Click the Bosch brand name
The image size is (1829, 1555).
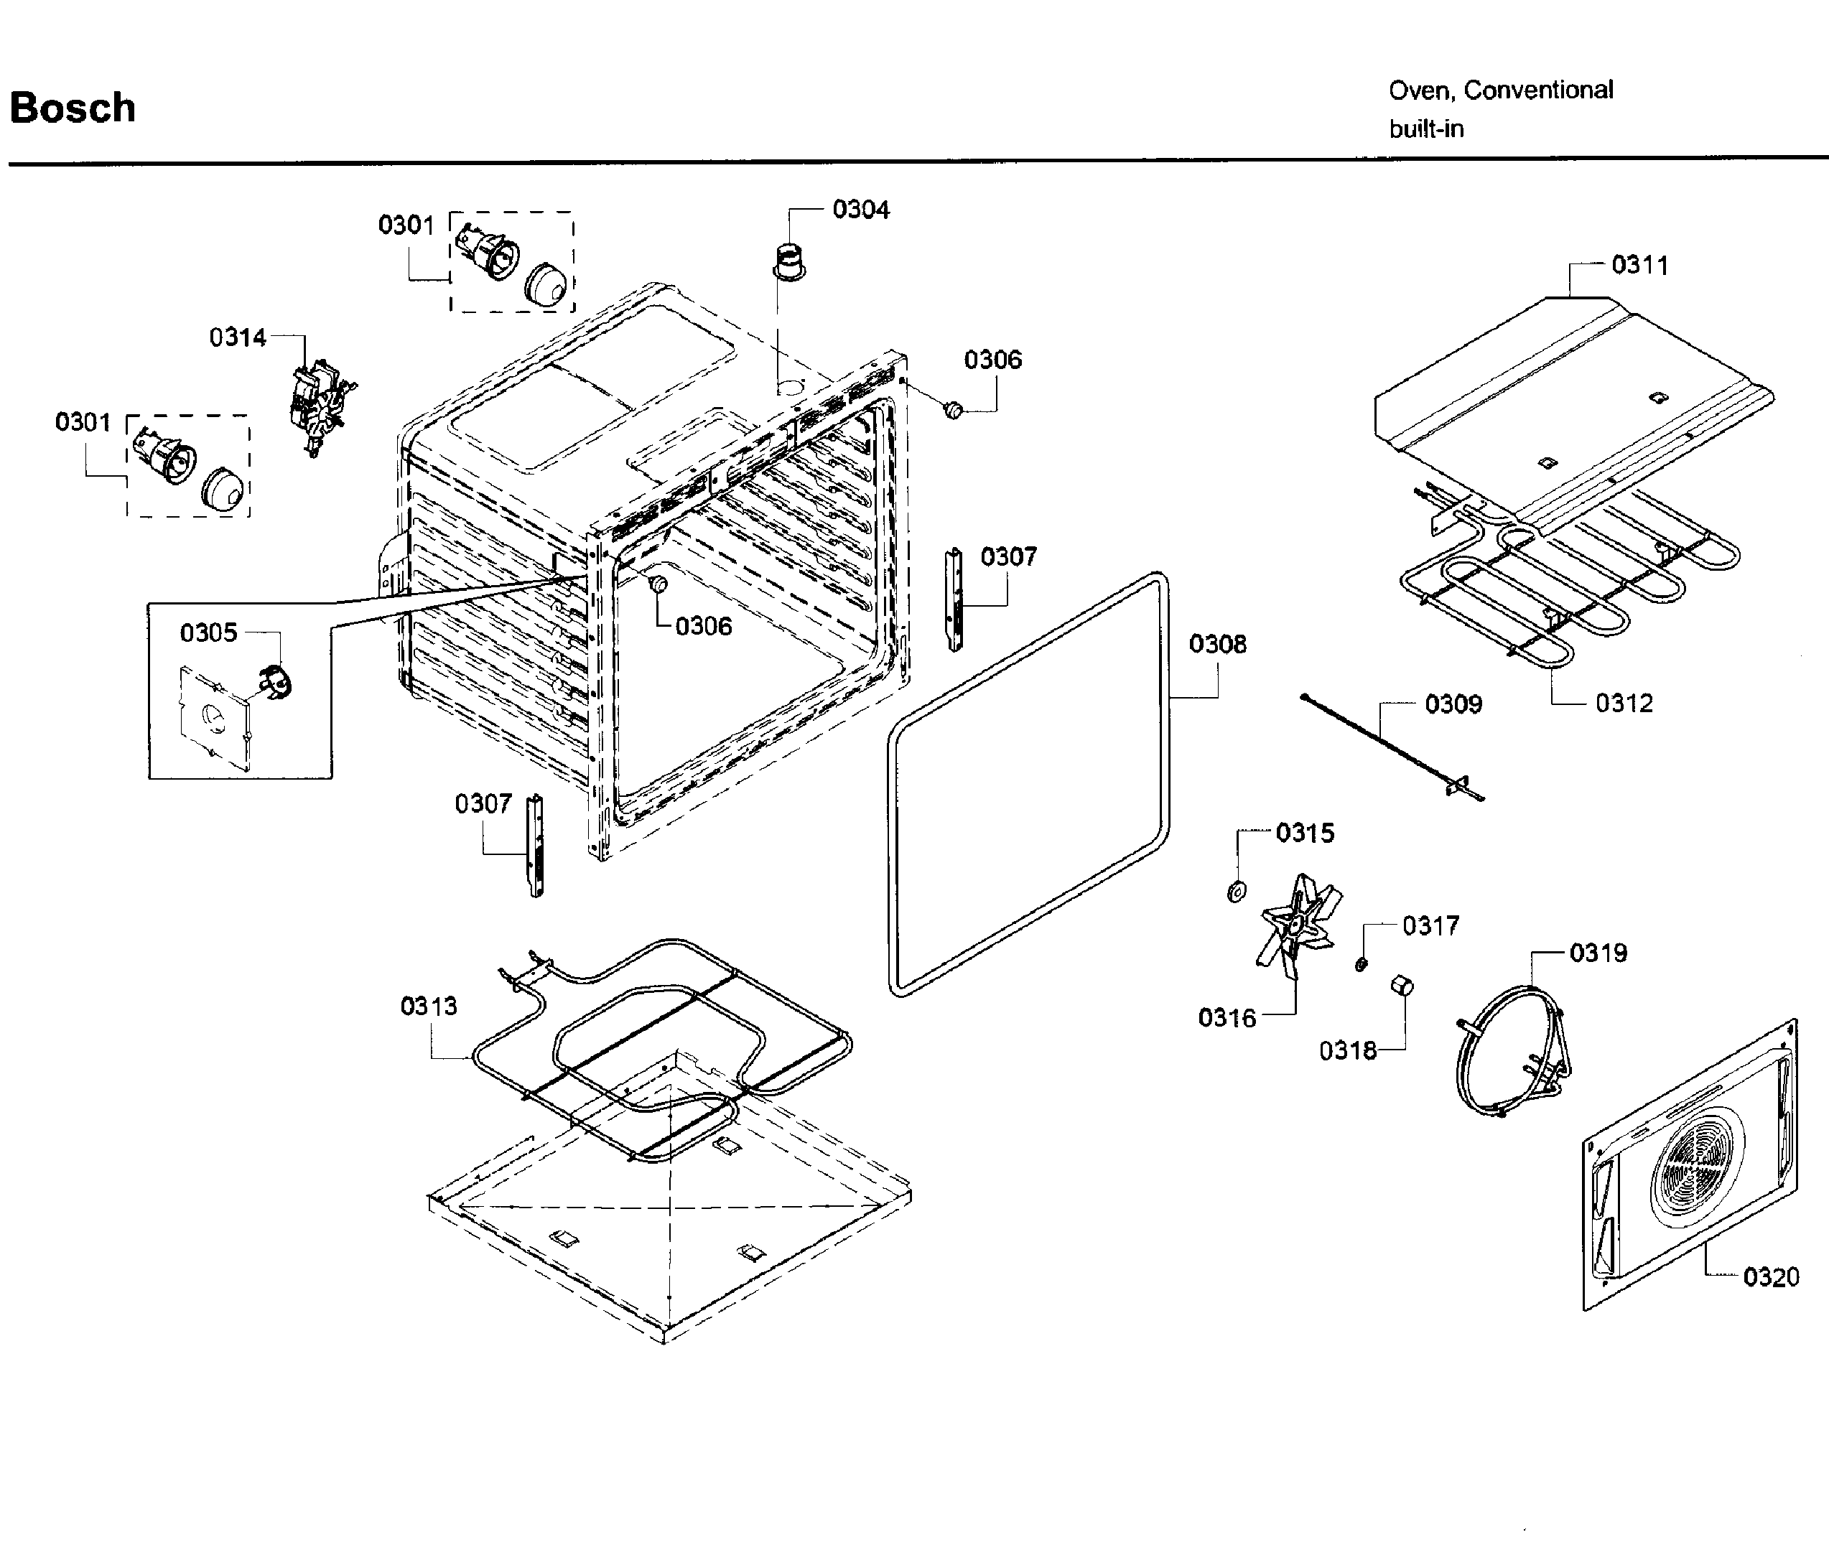(73, 108)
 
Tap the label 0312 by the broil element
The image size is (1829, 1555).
(1624, 704)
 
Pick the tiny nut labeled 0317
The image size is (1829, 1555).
(1361, 964)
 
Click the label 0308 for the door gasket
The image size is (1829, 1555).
(1217, 645)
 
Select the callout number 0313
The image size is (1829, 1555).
(429, 1006)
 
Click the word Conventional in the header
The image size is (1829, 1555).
(1538, 90)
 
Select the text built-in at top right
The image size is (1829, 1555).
(1426, 129)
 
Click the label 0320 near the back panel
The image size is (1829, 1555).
(1771, 1277)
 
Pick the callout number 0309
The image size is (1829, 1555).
(1453, 704)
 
